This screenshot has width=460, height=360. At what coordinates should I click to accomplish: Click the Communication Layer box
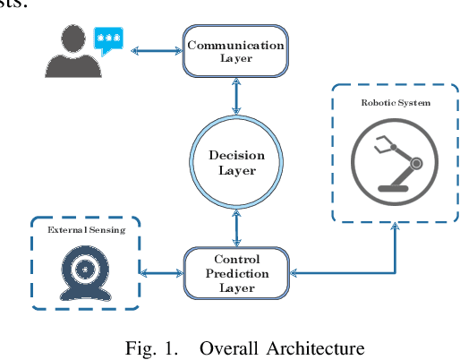236,50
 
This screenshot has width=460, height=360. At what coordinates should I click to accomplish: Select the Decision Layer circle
237,162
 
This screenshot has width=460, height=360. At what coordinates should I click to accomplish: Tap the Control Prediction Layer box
236,273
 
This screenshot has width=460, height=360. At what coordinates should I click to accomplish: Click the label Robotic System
396,103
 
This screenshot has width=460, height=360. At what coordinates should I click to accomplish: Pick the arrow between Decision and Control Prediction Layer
236,228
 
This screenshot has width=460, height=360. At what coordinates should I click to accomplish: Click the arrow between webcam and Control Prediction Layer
162,273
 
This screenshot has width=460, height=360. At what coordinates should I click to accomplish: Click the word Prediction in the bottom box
237,273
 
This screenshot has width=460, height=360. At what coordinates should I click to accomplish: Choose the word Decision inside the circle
237,155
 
